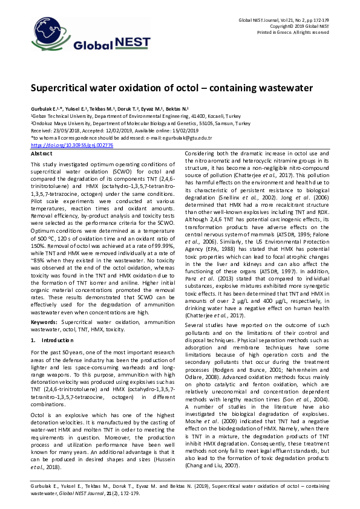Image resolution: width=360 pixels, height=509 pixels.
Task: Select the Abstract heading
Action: [41, 154]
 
